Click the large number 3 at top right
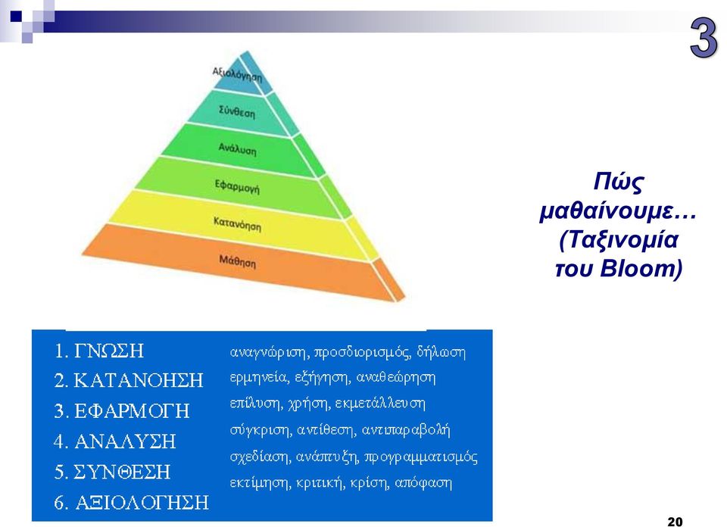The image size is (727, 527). tap(704, 37)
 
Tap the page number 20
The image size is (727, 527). tap(675, 522)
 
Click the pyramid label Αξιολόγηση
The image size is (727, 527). tap(237, 75)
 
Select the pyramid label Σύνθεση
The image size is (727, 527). tap(237, 112)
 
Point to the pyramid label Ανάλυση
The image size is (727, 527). tap(237, 149)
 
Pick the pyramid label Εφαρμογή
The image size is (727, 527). tap(237, 186)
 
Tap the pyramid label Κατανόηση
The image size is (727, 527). tap(237, 224)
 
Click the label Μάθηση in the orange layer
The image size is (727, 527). tap(237, 261)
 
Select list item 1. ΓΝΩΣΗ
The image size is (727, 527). tap(98, 351)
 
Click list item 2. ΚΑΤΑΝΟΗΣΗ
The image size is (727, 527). tap(129, 381)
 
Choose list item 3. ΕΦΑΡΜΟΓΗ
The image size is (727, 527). tap(121, 411)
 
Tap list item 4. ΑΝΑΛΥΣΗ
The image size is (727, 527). tap(114, 441)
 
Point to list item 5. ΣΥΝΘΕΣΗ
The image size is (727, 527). tap(112, 472)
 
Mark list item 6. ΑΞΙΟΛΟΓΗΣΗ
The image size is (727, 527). tap(131, 503)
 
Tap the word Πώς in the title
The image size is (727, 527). tap(618, 182)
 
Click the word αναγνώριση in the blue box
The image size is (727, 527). tap(270, 353)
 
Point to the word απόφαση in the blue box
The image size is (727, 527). tap(423, 483)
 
